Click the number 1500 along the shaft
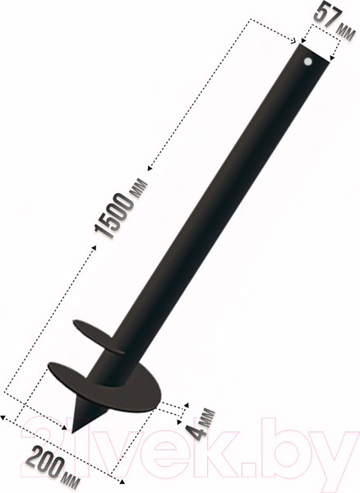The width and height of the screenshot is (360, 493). pos(115,214)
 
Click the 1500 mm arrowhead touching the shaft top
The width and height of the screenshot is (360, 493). pos(292,38)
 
